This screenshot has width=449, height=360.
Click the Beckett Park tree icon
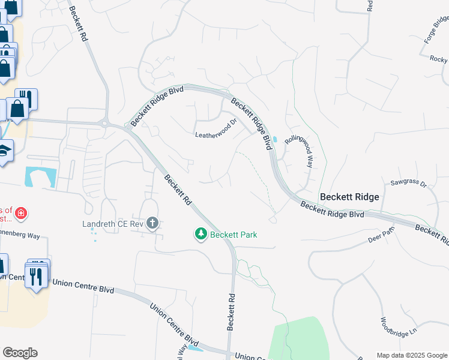(202, 233)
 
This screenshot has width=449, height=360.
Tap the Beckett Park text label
(234, 235)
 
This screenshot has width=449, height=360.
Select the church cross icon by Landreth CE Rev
(152, 224)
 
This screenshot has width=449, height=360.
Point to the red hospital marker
(21, 214)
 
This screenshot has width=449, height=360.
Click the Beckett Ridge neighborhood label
(349, 197)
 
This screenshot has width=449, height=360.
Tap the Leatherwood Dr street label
(216, 135)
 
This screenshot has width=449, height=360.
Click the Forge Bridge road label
(436, 29)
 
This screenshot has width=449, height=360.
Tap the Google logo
(20, 353)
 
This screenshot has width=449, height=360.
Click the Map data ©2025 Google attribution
(411, 355)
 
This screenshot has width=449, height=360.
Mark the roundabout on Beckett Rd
(106, 124)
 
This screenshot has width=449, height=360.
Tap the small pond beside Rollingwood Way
(274, 139)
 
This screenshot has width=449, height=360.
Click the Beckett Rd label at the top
(79, 24)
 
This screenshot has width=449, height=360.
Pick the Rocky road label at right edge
(439, 59)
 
